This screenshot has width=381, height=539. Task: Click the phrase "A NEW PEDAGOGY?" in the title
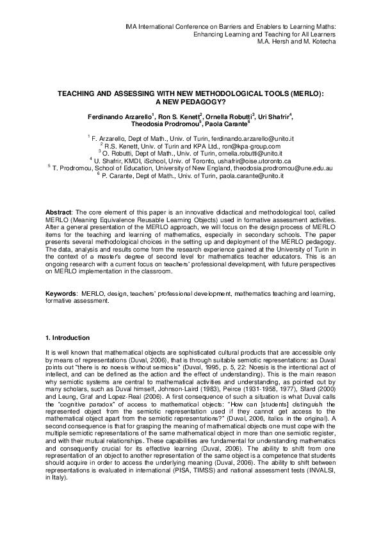pos(191,101)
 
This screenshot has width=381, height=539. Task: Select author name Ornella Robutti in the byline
pos(213,116)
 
